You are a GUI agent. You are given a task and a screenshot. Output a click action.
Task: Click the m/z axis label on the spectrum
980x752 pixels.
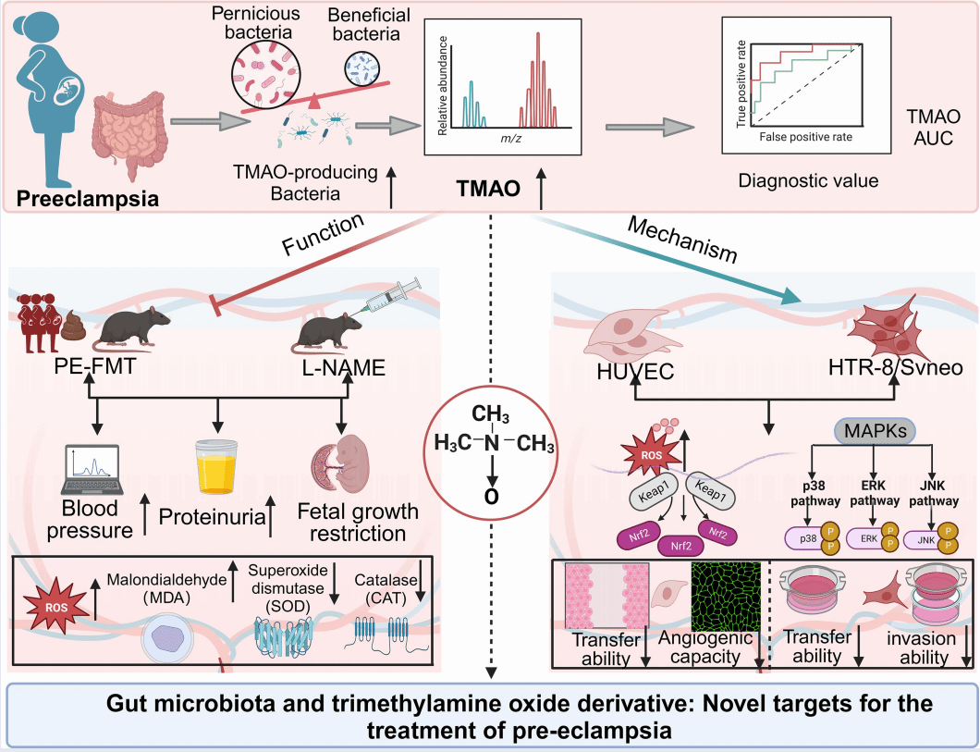503,136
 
